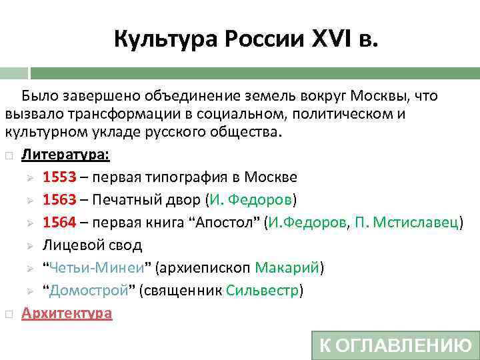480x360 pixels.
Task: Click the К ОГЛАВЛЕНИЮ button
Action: [395, 345]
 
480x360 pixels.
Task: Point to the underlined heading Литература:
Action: [66, 155]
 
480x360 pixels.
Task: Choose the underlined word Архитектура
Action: [67, 313]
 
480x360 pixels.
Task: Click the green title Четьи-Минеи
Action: [96, 268]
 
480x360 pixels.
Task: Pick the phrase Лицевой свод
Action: [92, 245]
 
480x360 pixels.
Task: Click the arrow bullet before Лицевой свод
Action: [30, 245]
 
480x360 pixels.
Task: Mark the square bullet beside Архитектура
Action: [8, 313]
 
